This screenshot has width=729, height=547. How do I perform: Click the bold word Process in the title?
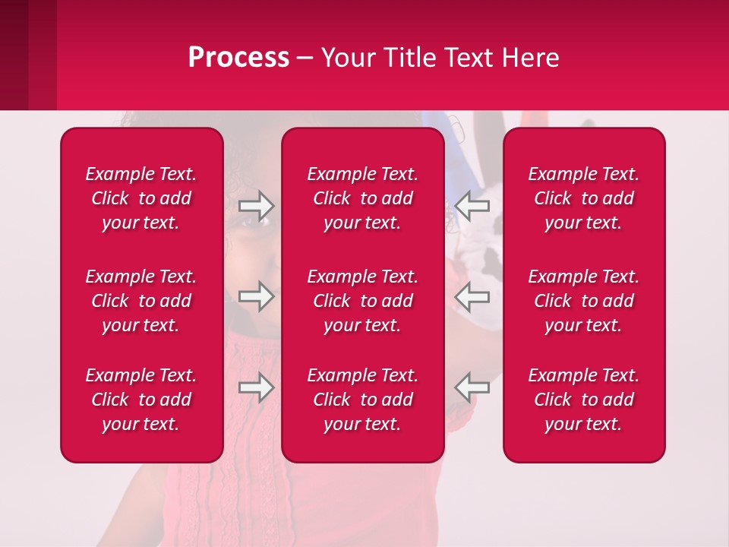click(x=238, y=58)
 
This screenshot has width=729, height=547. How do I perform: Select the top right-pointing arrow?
click(x=256, y=204)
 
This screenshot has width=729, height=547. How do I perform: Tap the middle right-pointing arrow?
click(x=256, y=296)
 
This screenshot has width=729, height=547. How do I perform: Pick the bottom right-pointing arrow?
click(x=256, y=387)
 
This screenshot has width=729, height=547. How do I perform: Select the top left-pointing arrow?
click(x=472, y=204)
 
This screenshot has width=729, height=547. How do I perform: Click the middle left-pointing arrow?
click(x=472, y=296)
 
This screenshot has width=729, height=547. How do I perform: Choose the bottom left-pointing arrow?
click(x=472, y=387)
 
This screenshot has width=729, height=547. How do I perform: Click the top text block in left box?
click(x=141, y=198)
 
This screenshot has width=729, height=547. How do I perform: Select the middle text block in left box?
click(x=141, y=301)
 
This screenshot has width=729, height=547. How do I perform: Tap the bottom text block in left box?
click(x=141, y=400)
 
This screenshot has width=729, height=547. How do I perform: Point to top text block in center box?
click(x=362, y=198)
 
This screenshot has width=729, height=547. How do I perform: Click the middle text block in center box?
click(x=362, y=301)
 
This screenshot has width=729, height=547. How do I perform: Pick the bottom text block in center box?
click(x=362, y=400)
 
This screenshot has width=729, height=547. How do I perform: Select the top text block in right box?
click(x=583, y=198)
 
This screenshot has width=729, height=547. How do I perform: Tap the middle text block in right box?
click(x=583, y=301)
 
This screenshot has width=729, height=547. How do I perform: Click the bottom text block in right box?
click(x=583, y=400)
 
